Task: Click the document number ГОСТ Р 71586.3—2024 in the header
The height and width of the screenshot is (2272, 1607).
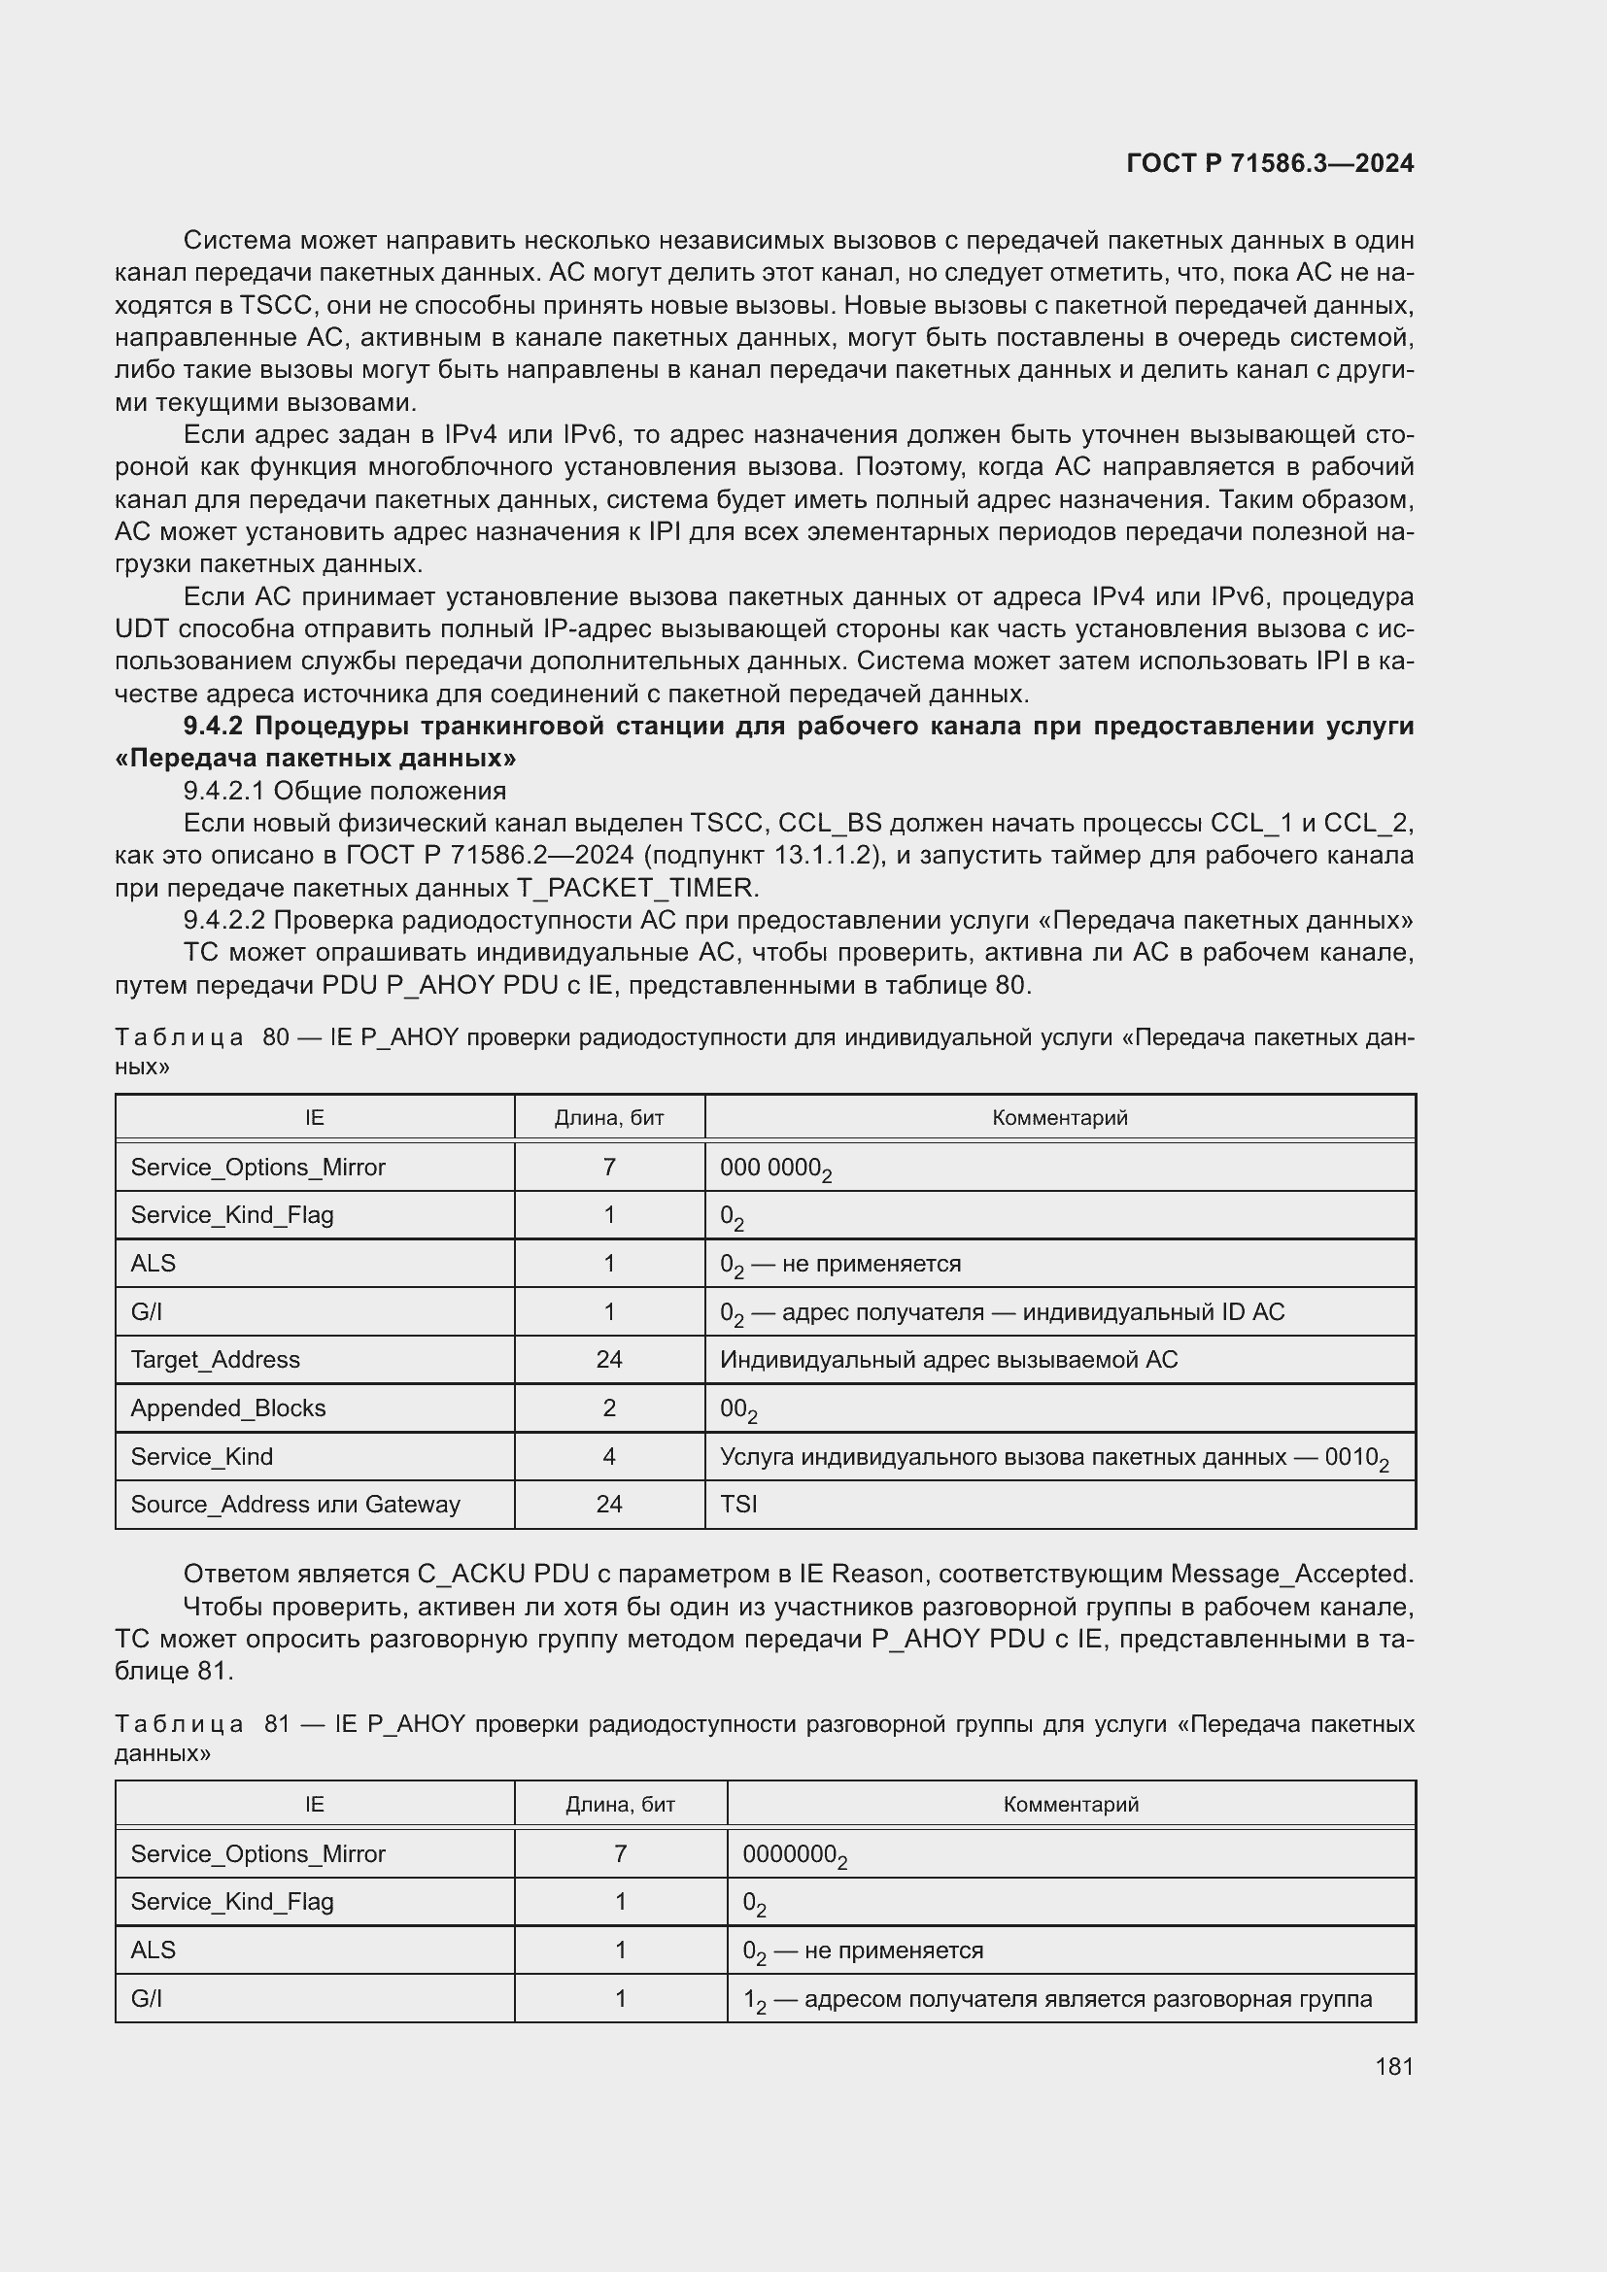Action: click(1270, 164)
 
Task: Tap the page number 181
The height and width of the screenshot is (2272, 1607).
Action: click(1393, 2066)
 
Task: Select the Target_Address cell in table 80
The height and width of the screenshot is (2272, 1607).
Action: click(215, 1360)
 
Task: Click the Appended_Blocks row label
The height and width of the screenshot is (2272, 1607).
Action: click(227, 1408)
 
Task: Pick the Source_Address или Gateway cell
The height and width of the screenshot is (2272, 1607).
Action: click(295, 1504)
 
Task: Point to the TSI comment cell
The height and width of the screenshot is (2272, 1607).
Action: click(739, 1504)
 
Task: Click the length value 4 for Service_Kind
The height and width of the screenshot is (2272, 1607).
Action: click(608, 1457)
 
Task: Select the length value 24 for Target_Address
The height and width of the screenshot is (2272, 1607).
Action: click(608, 1360)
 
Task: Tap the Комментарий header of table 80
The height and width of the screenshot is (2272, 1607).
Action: click(1059, 1118)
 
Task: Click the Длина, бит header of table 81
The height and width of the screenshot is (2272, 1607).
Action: click(620, 1804)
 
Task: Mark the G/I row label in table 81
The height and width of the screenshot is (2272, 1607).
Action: click(147, 1998)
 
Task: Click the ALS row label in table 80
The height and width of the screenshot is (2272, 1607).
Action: click(153, 1264)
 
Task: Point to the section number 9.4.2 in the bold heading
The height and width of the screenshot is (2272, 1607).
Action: click(213, 727)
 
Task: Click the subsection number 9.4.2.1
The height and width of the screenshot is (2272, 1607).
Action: click(224, 791)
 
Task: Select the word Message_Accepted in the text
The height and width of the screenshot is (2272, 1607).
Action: click(1290, 1574)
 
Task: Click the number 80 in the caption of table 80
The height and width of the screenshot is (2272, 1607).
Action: click(276, 1038)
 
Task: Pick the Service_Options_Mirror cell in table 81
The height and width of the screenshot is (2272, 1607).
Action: click(257, 1853)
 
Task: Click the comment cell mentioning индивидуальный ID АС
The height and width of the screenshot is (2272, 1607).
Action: click(1002, 1312)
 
